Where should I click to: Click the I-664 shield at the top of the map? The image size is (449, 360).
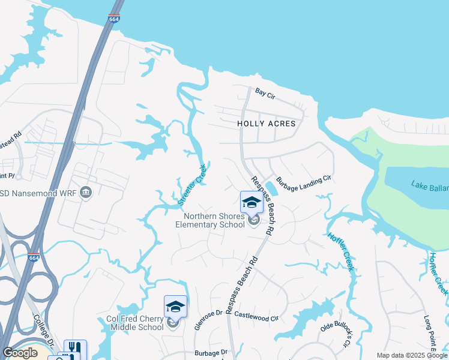pyautogui.click(x=114, y=19)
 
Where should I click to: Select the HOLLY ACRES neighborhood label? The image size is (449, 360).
pyautogui.click(x=267, y=123)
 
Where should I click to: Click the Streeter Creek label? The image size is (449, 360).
pyautogui.click(x=192, y=186)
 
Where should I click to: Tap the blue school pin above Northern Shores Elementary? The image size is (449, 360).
pyautogui.click(x=252, y=202)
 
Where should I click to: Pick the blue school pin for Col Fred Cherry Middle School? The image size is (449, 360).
pyautogui.click(x=175, y=307)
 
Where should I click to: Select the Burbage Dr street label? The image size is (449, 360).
pyautogui.click(x=211, y=354)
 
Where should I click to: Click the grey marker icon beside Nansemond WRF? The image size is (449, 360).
pyautogui.click(x=86, y=192)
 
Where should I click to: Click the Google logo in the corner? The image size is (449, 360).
pyautogui.click(x=20, y=353)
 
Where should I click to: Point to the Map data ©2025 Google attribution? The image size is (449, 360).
pyautogui.click(x=412, y=355)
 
